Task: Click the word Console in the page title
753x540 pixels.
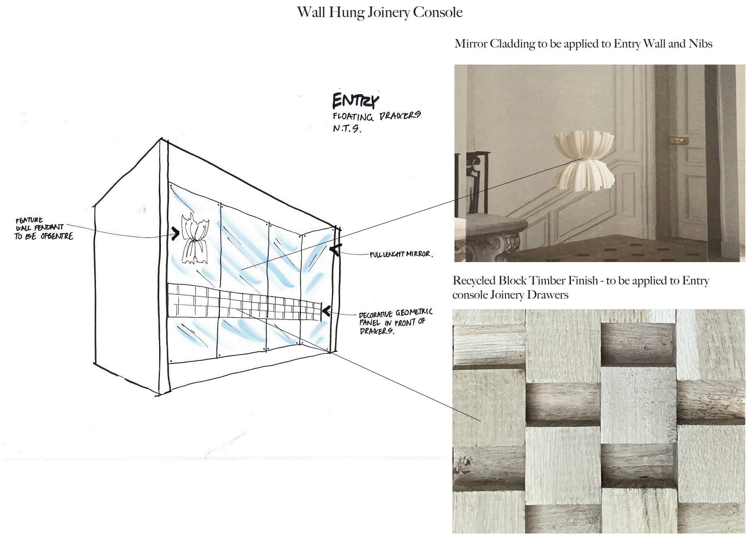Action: (437, 13)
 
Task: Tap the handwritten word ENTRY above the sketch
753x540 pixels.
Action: (355, 101)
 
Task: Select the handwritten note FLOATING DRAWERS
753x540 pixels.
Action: (376, 116)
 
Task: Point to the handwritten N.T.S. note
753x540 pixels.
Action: (346, 128)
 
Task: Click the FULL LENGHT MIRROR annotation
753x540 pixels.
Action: (400, 254)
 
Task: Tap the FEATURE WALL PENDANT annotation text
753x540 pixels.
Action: (43, 228)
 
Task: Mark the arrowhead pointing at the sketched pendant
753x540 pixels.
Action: (176, 233)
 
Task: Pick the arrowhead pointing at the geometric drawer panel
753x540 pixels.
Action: (326, 312)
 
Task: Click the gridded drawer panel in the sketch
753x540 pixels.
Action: (244, 303)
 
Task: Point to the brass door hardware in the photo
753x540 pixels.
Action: (678, 141)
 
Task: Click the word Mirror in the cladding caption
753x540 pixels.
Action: (471, 44)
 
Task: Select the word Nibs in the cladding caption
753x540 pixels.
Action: (700, 44)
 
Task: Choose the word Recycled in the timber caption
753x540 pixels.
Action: (474, 281)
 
